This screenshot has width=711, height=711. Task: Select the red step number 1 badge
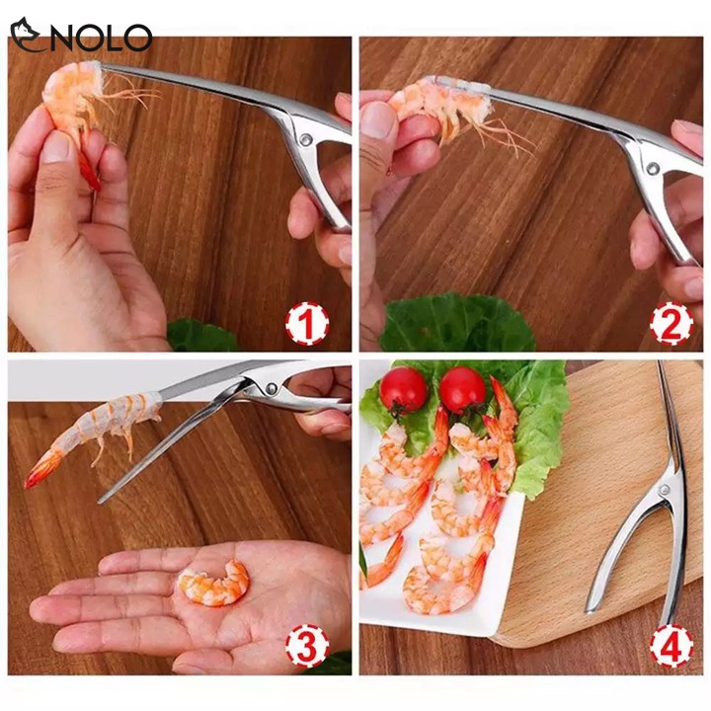pos(307,325)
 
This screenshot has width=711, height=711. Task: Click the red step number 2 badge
pos(671,324)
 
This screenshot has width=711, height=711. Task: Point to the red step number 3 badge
pos(307,647)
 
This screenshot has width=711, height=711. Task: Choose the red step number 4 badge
pos(671,647)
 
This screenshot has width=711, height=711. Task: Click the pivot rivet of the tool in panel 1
pos(306,138)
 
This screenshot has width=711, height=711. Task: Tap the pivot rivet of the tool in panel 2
pos(653,169)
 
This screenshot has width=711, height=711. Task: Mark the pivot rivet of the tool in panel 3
pos(272,388)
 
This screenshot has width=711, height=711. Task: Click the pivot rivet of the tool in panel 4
pos(665,490)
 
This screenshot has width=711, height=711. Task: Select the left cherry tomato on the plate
pos(403,389)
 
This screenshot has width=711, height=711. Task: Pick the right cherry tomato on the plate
pos(462,390)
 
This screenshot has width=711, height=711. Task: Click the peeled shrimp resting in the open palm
pos(213,584)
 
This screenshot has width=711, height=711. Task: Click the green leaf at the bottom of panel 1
pos(201,336)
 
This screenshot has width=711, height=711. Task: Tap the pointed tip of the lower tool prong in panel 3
pos(100,502)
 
